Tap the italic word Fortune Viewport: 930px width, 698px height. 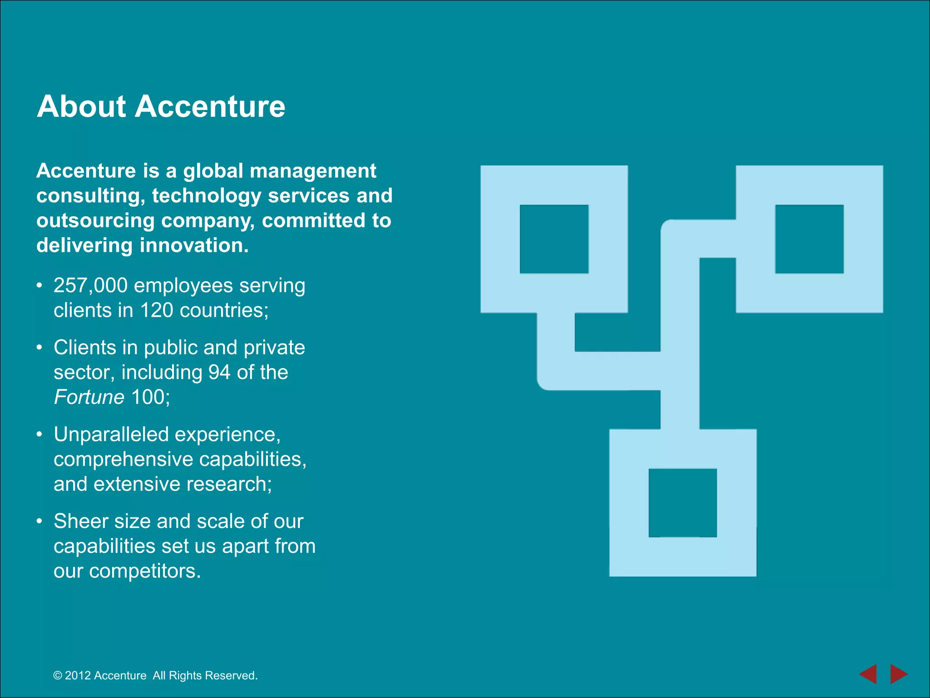(x=89, y=397)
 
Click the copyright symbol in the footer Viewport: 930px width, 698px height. (x=58, y=676)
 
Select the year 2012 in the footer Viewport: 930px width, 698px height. (x=78, y=676)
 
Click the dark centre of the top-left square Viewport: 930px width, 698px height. (x=554, y=239)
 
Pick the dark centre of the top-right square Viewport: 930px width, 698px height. (x=809, y=239)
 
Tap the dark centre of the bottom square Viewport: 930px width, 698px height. (x=683, y=503)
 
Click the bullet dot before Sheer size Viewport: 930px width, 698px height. (x=40, y=521)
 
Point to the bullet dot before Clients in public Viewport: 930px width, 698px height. (x=40, y=348)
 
